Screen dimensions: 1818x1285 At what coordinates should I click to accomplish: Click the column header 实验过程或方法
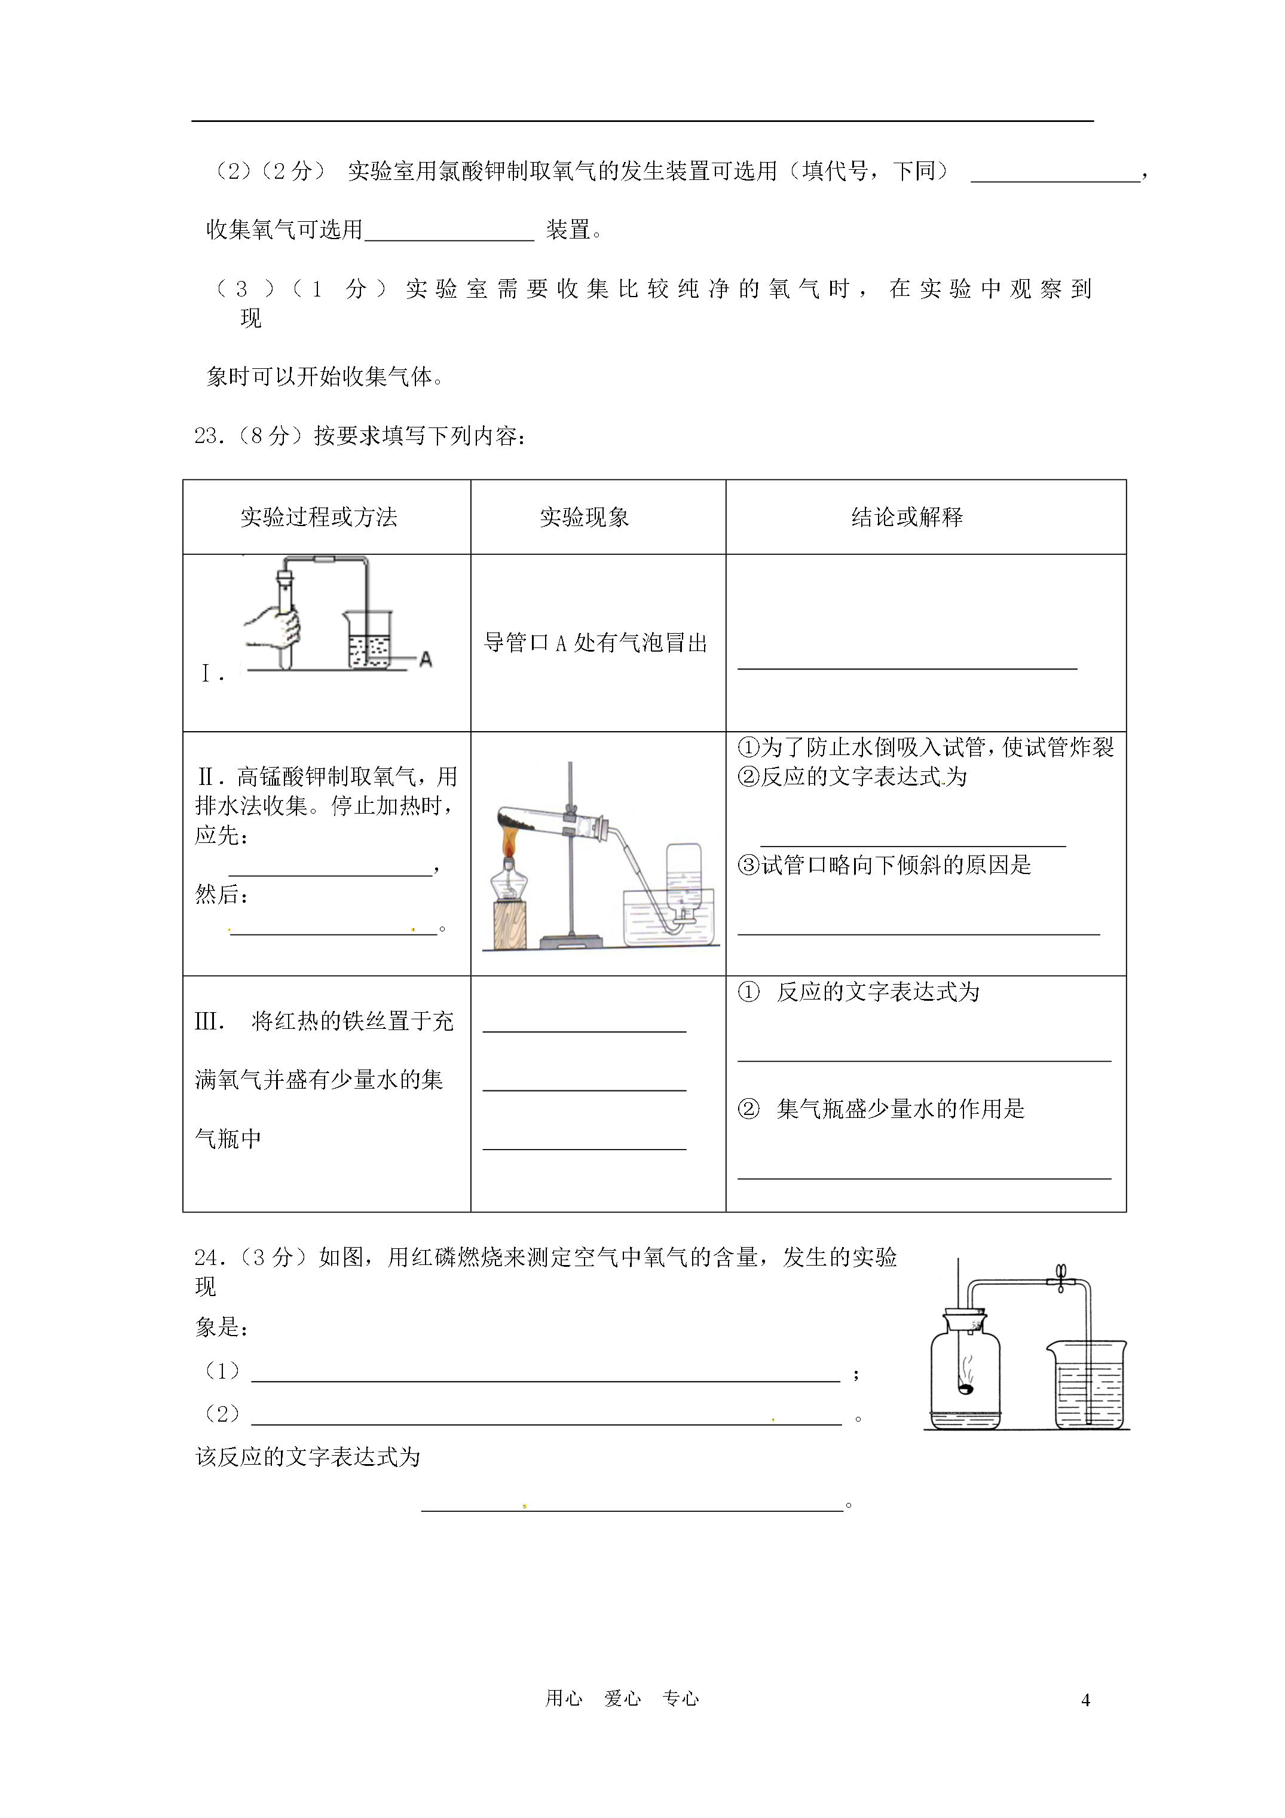pos(319,517)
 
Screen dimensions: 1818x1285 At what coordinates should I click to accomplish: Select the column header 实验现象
pos(585,517)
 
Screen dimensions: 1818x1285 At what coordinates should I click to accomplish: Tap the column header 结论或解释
pos(907,517)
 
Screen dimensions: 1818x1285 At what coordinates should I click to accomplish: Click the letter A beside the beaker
pos(426,659)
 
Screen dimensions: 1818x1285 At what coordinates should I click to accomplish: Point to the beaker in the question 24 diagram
pos(1090,1386)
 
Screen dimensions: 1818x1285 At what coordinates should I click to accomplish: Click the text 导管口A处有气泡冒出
pos(595,643)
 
